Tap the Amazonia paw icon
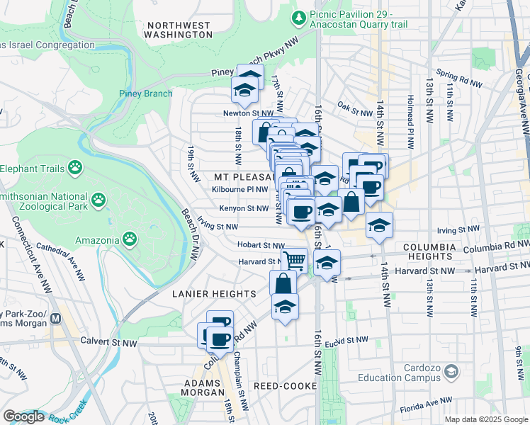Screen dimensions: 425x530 (130, 239)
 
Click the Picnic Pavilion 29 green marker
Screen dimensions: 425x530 (300, 16)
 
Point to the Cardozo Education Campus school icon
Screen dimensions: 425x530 (451, 370)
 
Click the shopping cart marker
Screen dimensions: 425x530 (294, 260)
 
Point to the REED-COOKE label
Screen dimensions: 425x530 (283, 386)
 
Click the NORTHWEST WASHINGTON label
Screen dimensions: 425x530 (178, 29)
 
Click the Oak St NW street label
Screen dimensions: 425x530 (355, 110)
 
